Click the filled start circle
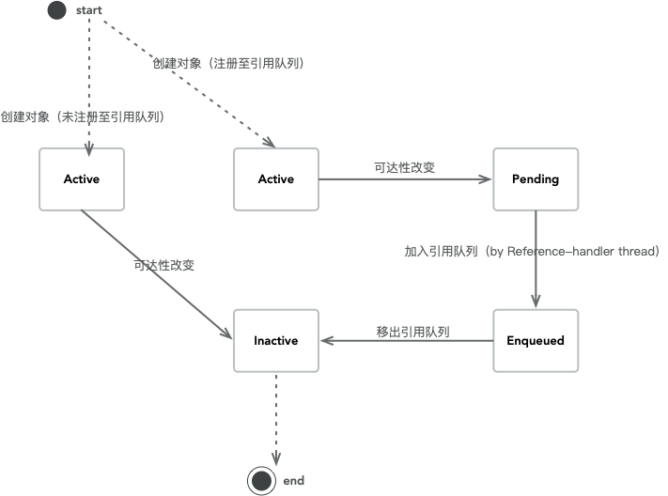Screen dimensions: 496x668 tap(57, 10)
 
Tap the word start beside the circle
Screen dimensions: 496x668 tap(89, 10)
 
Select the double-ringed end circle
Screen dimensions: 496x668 tap(261, 481)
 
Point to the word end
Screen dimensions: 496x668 tap(293, 481)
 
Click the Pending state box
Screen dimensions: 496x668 tap(536, 179)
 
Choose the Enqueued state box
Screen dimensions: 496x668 tap(536, 340)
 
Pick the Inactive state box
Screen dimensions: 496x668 tap(276, 340)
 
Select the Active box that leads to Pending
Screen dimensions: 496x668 tap(276, 179)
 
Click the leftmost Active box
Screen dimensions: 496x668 tap(82, 179)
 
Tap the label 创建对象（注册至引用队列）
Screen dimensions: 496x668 tap(229, 64)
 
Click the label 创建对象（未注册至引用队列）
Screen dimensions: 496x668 tap(83, 117)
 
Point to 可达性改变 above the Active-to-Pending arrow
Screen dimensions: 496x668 tap(404, 168)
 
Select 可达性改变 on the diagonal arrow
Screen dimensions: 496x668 tap(164, 265)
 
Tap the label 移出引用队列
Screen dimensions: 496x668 tap(412, 332)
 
